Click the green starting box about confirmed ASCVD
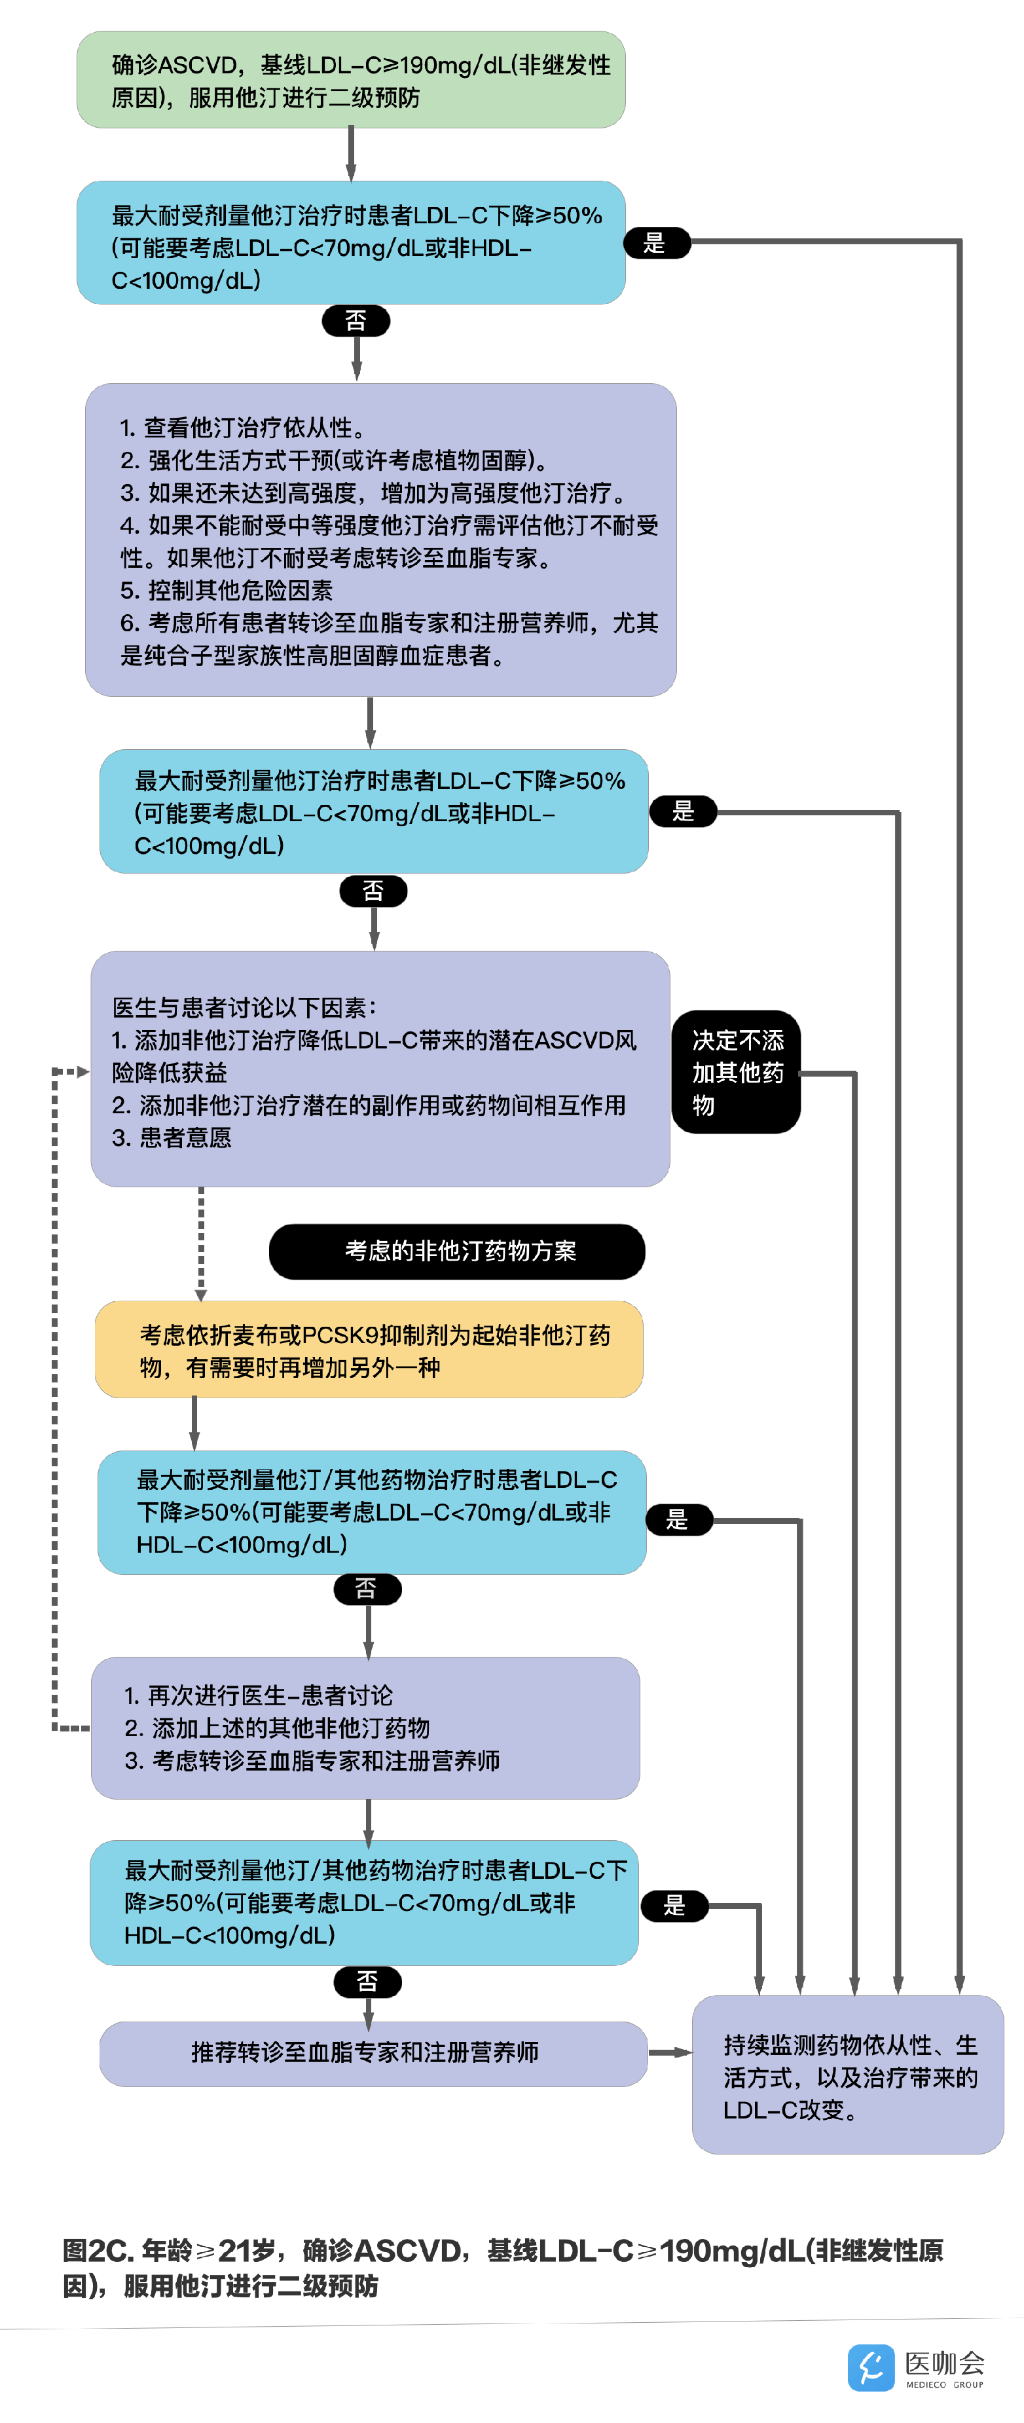[351, 80]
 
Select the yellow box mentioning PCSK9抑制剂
[369, 1350]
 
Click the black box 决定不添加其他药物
[737, 1072]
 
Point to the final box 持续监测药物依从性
[847, 2076]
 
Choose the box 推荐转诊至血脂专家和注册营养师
[373, 2052]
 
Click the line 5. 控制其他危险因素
[227, 591]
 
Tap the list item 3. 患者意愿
[172, 1138]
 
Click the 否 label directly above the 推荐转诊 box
[368, 1982]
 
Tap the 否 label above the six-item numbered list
[356, 321]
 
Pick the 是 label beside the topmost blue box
[656, 243]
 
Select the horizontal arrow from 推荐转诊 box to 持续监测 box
[670, 2052]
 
